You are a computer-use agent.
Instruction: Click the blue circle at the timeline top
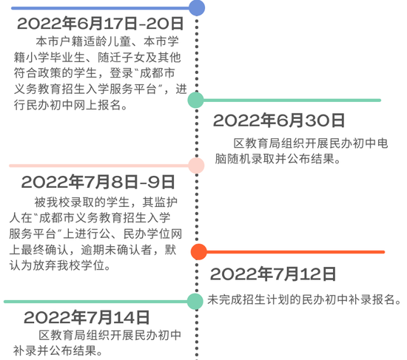(x=197, y=8)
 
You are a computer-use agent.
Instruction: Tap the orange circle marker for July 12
(x=199, y=252)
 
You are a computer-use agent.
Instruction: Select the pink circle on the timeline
(x=196, y=166)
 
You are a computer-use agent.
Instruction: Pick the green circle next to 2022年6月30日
(x=195, y=100)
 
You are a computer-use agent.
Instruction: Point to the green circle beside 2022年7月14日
(x=195, y=302)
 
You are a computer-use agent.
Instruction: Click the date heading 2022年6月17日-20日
(x=101, y=24)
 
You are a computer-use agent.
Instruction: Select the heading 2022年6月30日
(x=279, y=120)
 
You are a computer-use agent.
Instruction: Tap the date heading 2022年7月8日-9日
(x=98, y=182)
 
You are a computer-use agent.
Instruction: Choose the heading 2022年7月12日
(x=273, y=274)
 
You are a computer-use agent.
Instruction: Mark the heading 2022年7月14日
(x=87, y=317)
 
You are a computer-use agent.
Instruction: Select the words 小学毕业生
(x=55, y=58)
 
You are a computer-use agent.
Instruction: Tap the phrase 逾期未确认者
(x=117, y=250)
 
